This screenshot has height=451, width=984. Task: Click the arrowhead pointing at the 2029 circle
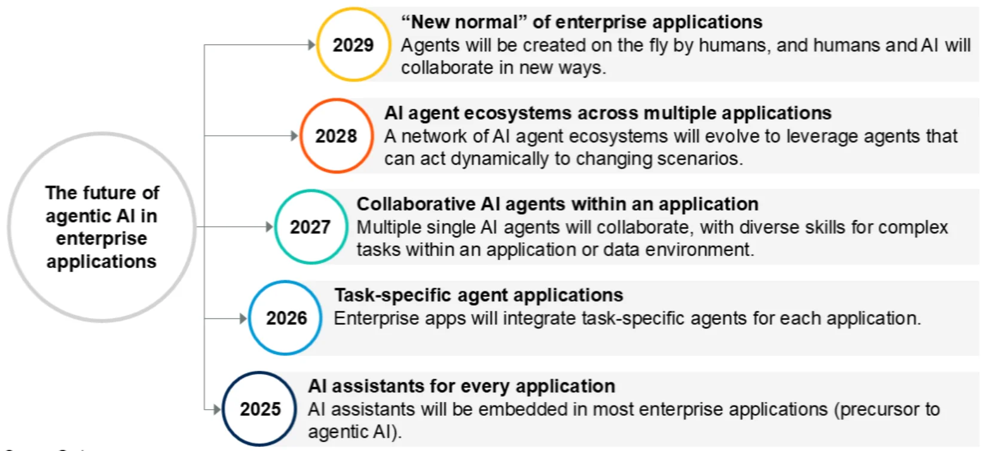[312, 44]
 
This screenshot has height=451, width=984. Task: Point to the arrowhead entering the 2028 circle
[295, 135]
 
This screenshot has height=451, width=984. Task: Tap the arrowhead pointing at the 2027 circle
[270, 227]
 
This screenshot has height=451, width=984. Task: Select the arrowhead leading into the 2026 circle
[243, 318]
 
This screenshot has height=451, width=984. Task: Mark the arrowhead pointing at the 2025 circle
[217, 410]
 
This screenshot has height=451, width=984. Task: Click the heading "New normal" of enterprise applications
[582, 22]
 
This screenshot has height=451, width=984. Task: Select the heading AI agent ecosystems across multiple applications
[608, 113]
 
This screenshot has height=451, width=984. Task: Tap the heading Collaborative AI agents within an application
[557, 204]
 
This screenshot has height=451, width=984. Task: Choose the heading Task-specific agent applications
[479, 295]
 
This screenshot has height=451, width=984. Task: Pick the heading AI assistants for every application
[462, 386]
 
